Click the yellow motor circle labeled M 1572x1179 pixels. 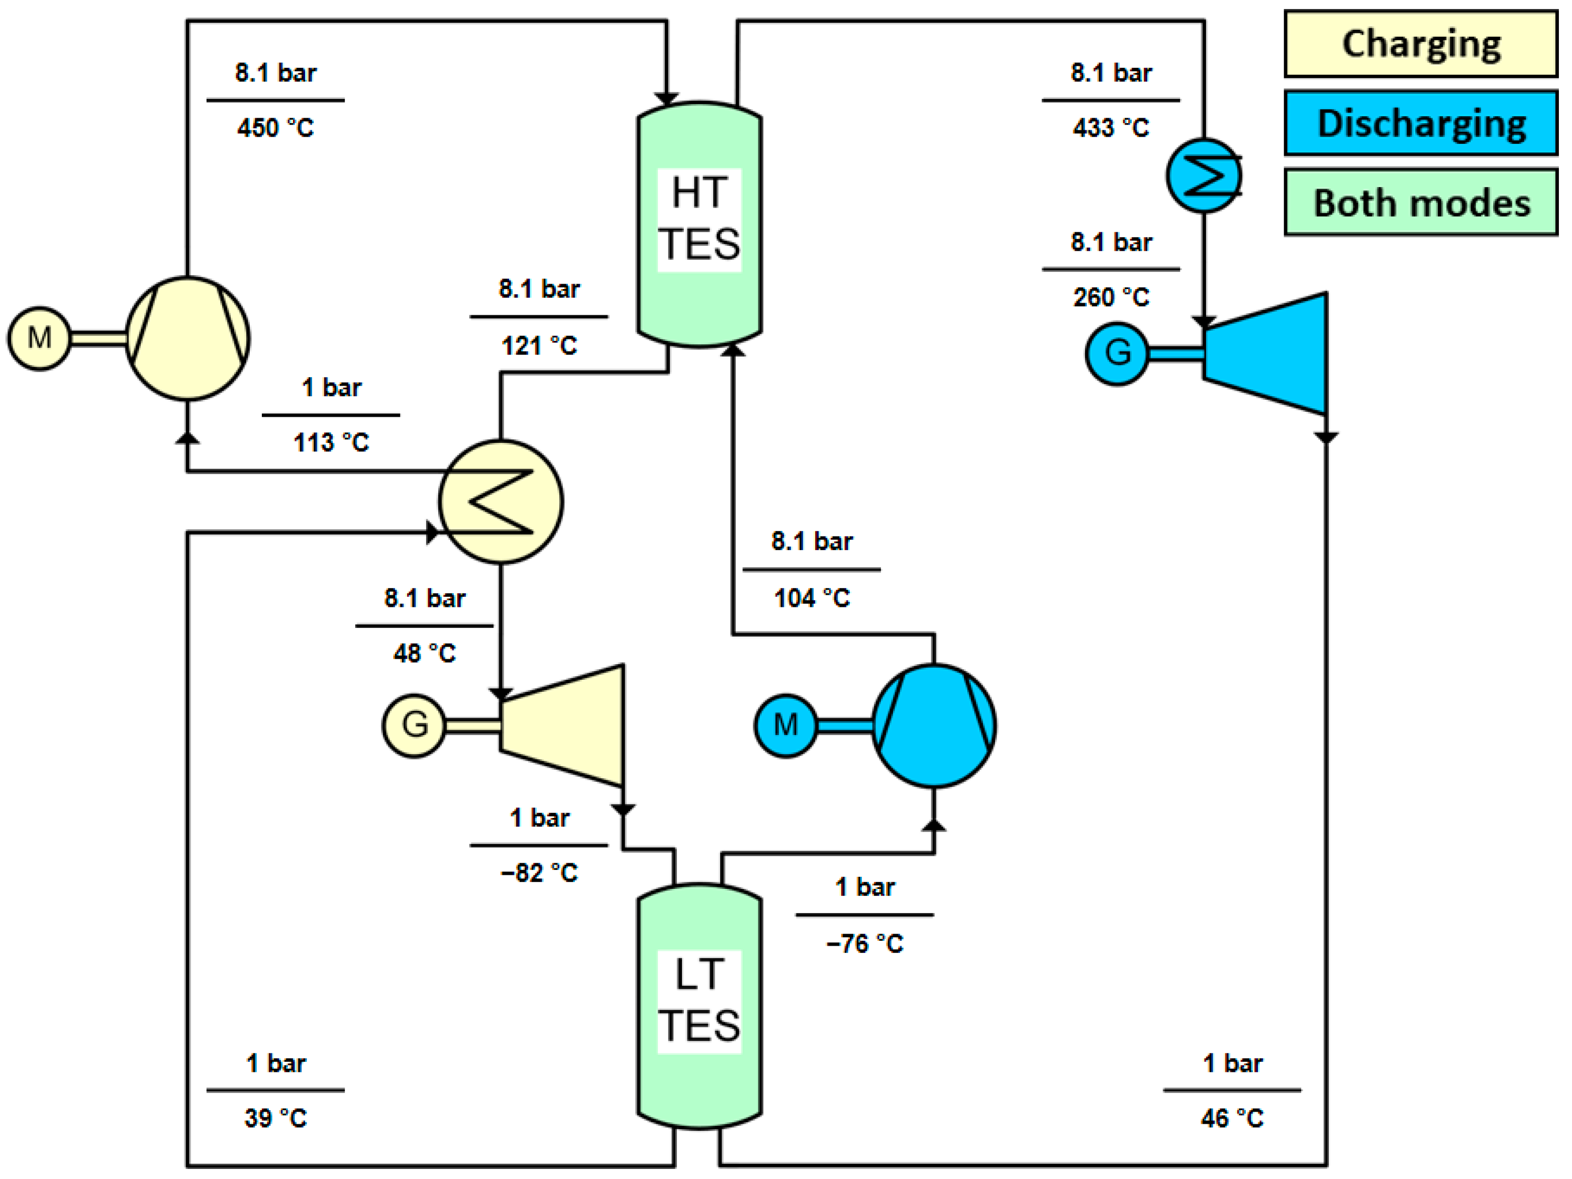39,338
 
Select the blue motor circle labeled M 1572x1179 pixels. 785,725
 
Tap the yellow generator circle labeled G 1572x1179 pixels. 414,725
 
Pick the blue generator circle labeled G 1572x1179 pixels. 1117,353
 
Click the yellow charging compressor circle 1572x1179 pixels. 187,338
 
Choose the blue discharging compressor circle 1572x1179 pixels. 933,725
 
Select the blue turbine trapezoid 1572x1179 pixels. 1265,353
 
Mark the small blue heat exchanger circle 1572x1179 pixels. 1203,175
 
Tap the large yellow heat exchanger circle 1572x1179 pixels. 501,502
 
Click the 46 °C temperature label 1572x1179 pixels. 1232,1118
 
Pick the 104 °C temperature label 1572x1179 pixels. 812,598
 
